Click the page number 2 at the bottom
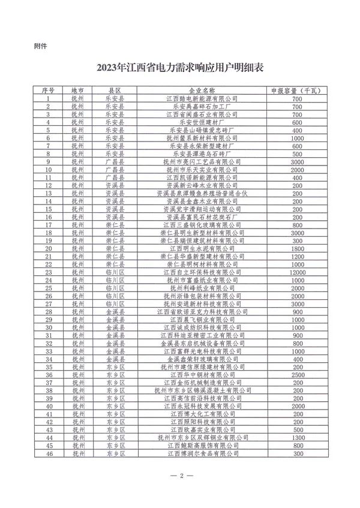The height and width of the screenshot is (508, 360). [180, 484]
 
